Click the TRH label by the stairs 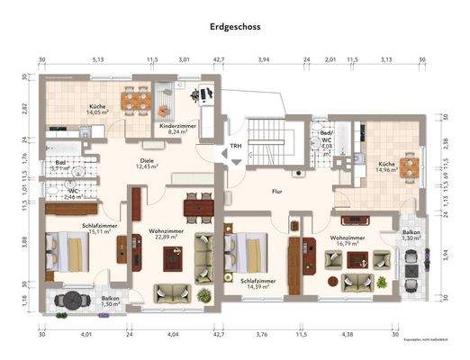pyautogui.click(x=236, y=146)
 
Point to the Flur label pyautogui.click(x=279, y=191)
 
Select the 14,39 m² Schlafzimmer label pyautogui.click(x=258, y=284)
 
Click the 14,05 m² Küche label pyautogui.click(x=97, y=109)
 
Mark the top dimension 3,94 pyautogui.click(x=264, y=60)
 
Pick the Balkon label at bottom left pyautogui.click(x=110, y=301)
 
